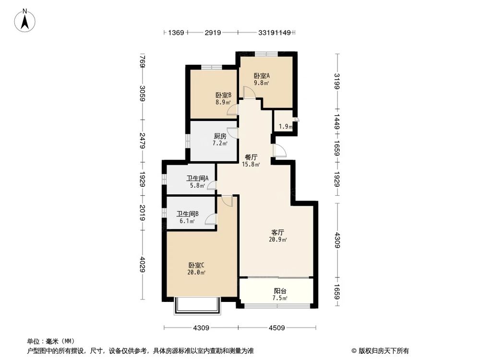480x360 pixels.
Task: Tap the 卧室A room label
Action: pyautogui.click(x=262, y=79)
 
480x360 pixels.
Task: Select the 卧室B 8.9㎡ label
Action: pyautogui.click(x=223, y=99)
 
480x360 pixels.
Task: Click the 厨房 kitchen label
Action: pyautogui.click(x=220, y=140)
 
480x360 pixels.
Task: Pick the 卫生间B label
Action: pyautogui.click(x=188, y=217)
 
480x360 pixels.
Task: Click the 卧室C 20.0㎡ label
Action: pyautogui.click(x=197, y=268)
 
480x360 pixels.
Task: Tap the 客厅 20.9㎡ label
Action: pyautogui.click(x=278, y=236)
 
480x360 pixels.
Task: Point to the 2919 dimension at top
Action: pyautogui.click(x=213, y=33)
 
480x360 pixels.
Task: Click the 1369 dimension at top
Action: pyautogui.click(x=176, y=33)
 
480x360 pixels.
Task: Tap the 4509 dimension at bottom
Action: pyautogui.click(x=277, y=328)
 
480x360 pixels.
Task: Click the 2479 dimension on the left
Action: pyautogui.click(x=142, y=140)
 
